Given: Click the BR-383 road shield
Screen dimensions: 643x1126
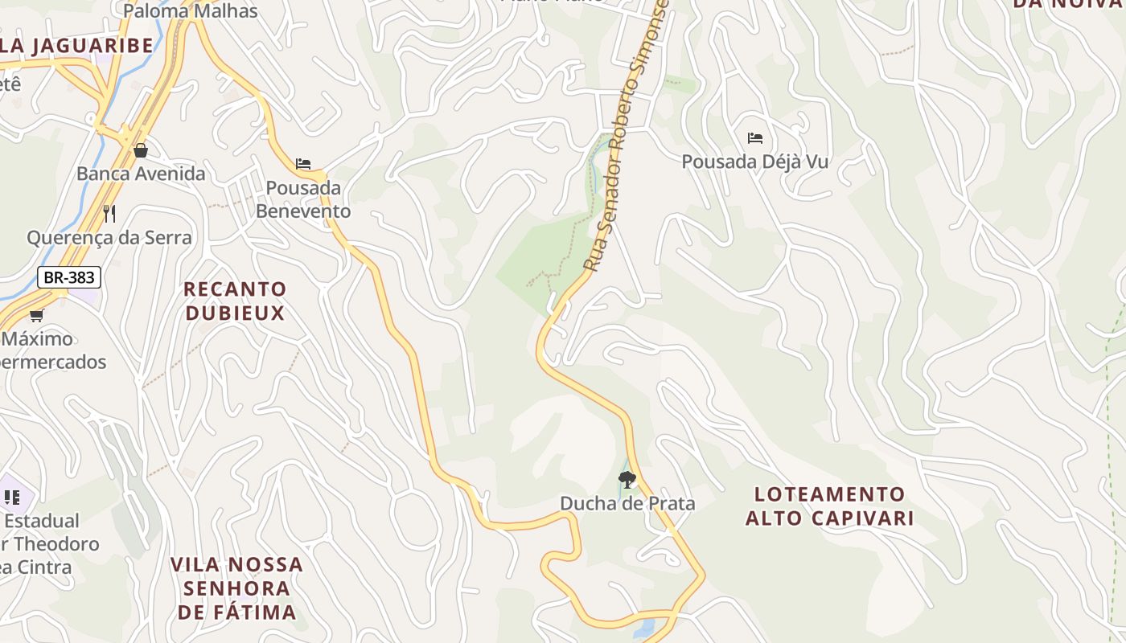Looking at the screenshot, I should point(69,278).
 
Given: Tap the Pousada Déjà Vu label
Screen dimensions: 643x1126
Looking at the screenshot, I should point(754,162).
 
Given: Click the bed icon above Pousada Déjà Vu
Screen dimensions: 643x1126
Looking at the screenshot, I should point(754,138).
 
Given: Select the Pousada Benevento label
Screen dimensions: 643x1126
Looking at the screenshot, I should point(308,199).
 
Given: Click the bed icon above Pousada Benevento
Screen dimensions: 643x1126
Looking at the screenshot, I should point(303,164).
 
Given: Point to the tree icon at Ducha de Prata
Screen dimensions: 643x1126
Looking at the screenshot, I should point(627,480).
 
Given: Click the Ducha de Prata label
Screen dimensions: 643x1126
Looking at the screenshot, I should point(627,504).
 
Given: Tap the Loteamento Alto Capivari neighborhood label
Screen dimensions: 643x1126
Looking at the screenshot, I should point(829,506).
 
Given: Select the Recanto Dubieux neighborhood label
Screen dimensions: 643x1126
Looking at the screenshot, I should point(235,301).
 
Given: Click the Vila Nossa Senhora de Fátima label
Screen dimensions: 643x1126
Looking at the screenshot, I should point(236,588).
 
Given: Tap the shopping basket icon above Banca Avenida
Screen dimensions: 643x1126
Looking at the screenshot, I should point(141,150).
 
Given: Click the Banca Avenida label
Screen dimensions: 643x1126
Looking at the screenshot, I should point(141,174).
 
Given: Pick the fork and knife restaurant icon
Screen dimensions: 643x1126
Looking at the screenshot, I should point(109,214).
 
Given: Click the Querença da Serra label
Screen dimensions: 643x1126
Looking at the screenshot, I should point(109,237).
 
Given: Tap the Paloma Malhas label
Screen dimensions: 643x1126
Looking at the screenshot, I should point(191,11).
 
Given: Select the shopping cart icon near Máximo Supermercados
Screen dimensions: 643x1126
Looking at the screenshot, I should point(36,316).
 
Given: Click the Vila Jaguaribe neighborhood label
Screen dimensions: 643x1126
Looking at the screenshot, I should point(76,46).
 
